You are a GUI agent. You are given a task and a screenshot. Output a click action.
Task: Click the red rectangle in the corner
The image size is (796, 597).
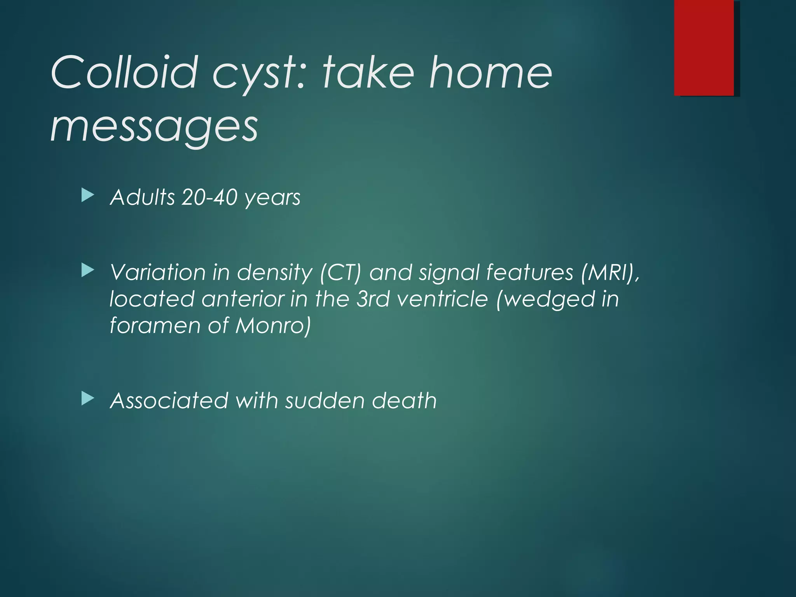coord(704,47)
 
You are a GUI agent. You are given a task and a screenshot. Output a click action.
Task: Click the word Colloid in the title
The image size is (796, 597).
coord(124,72)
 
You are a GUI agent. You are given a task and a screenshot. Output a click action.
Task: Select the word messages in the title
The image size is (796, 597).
coord(154,126)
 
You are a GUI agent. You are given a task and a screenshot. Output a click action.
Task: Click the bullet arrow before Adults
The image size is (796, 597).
coord(88,196)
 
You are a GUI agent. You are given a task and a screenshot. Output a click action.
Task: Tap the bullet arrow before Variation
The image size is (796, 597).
coord(88,270)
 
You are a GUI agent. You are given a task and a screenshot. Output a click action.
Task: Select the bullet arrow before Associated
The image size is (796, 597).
coord(88,398)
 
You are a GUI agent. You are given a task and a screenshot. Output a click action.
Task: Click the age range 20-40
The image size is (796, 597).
coord(209,197)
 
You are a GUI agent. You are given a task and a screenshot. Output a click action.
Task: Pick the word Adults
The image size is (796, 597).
coord(143,197)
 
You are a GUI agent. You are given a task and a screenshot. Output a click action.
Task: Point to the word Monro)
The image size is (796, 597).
coord(273,325)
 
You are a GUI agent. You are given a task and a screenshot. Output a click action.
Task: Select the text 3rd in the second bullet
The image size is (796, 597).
coord(373,299)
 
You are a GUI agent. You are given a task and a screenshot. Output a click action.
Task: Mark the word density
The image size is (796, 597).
coord(274,273)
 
